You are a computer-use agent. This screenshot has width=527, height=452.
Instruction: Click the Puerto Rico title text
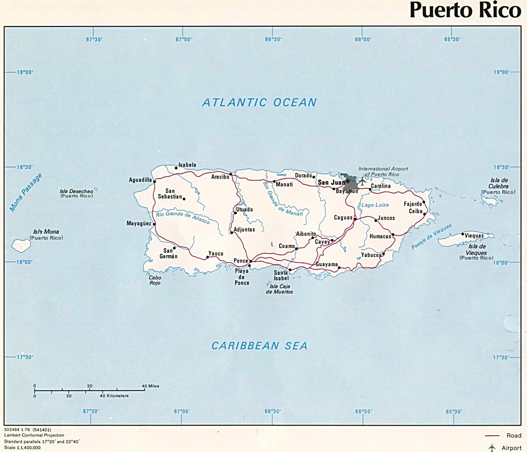point(465,10)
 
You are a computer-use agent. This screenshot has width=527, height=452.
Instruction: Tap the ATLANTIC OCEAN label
point(259,103)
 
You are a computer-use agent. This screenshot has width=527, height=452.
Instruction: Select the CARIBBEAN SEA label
point(259,346)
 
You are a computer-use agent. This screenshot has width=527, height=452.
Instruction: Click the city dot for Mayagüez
point(154,224)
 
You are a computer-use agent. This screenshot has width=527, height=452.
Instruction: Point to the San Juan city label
point(331,183)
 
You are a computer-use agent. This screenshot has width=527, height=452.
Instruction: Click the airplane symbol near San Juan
point(362,181)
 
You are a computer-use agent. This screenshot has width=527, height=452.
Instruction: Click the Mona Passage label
point(26,193)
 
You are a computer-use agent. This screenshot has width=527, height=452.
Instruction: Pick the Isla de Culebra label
point(498,183)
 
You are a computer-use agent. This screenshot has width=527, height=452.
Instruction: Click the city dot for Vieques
point(463,234)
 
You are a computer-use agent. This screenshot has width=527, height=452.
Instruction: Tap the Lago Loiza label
point(375,205)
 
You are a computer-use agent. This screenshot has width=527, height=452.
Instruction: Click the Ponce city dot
point(251,261)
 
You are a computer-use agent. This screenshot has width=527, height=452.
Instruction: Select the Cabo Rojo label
point(155,280)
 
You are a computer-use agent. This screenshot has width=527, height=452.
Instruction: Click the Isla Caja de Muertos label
point(279,289)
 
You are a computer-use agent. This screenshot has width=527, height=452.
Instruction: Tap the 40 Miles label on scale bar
point(150,386)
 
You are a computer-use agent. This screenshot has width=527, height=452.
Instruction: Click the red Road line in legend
point(492,436)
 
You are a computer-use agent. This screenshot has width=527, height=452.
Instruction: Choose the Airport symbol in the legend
point(492,448)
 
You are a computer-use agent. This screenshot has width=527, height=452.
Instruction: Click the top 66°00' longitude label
point(363,39)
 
